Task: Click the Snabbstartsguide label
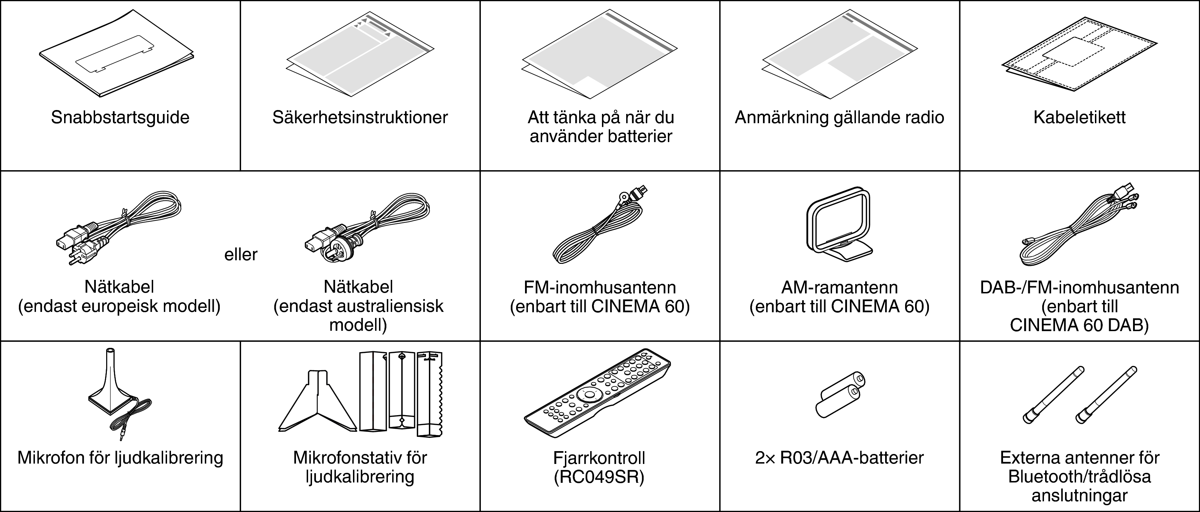(120, 117)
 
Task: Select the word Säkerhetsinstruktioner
(360, 117)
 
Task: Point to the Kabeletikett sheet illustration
(1079, 58)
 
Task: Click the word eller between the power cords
(241, 255)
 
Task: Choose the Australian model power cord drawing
(368, 228)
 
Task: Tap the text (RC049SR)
(599, 477)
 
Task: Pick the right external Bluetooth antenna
(1106, 395)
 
